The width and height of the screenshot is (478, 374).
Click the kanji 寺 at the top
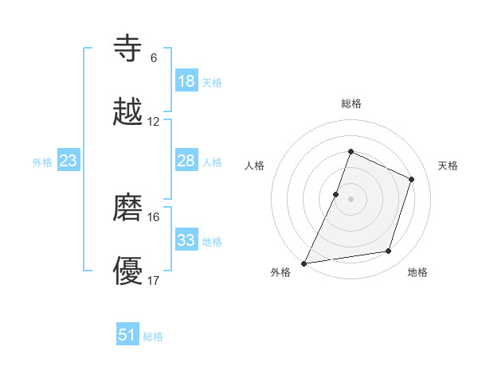128,49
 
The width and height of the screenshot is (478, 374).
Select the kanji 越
128,112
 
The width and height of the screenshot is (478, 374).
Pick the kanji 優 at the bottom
128,272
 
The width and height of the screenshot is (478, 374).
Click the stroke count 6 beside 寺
154,57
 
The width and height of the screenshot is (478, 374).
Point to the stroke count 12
154,122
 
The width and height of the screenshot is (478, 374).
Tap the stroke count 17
154,281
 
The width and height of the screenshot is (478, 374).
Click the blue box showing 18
186,81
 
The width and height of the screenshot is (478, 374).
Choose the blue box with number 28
186,161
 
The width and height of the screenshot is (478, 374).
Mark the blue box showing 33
186,240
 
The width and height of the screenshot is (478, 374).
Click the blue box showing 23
69,161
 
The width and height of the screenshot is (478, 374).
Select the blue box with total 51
127,335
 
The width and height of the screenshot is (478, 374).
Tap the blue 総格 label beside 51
153,337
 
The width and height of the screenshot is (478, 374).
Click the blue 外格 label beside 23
42,162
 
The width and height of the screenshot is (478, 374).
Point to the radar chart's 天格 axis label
448,166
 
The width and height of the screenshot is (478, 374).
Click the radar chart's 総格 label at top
351,103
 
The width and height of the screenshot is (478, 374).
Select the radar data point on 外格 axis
304,263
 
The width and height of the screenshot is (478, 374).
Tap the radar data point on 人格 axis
336,194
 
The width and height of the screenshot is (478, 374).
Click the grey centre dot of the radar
351,199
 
